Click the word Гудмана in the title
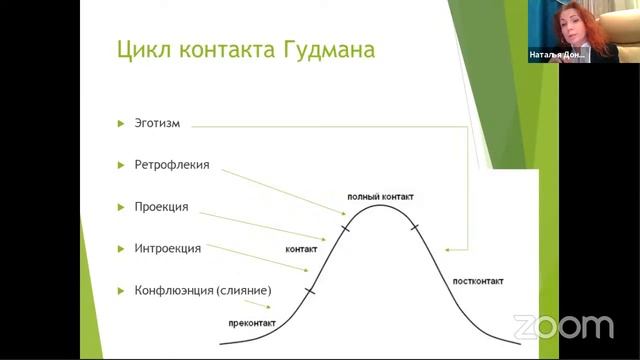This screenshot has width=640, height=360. coord(325,49)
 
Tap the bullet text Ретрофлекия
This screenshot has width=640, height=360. coord(172,165)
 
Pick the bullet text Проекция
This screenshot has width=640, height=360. coord(161,207)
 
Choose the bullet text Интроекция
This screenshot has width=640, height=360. coord(168,248)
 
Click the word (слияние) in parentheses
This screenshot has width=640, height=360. coord(244,290)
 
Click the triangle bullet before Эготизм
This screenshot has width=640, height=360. coord(121,124)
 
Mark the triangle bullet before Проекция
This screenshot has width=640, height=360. coord(121,207)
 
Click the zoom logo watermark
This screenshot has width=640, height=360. coord(563,326)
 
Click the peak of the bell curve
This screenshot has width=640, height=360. coord(378,206)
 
